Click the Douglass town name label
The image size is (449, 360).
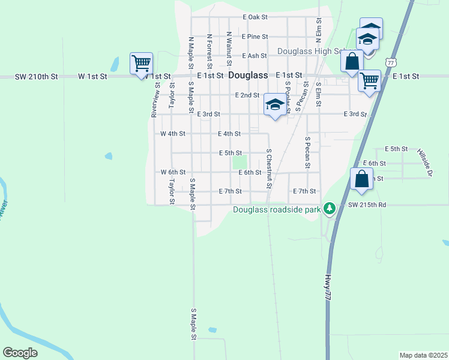pyautogui.click(x=248, y=76)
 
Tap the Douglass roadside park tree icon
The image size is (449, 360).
pyautogui.click(x=329, y=209)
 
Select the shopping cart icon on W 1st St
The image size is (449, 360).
pyautogui.click(x=141, y=63)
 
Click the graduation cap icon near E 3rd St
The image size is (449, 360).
pyautogui.click(x=275, y=105)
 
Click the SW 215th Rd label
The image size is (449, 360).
pyautogui.click(x=367, y=205)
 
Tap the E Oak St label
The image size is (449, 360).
pyautogui.click(x=255, y=17)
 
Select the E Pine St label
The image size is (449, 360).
pyautogui.click(x=255, y=37)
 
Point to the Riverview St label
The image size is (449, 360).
pyautogui.click(x=155, y=99)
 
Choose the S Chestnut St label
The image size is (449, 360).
pyautogui.click(x=269, y=169)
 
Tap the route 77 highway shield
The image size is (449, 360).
pyautogui.click(x=391, y=62)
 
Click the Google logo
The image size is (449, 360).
pyautogui.click(x=20, y=352)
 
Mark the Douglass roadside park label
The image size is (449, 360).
pyautogui.click(x=277, y=209)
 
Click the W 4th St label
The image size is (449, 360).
pyautogui.click(x=173, y=134)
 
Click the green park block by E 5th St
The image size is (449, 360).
pyautogui.click(x=240, y=163)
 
